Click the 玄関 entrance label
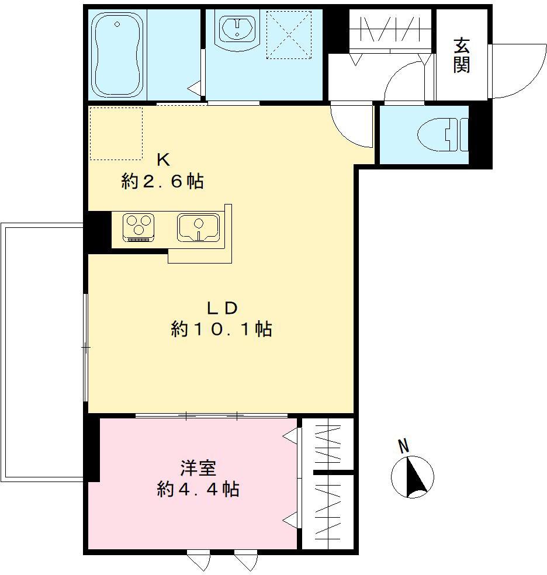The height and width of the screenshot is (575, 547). [x=462, y=56]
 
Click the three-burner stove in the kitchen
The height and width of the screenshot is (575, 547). [x=139, y=227]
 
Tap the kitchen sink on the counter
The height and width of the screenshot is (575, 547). [x=199, y=227]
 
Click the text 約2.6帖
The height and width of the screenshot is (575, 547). [x=162, y=182]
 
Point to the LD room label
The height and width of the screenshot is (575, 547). [x=221, y=307]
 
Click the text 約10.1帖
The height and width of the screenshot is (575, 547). [x=221, y=330]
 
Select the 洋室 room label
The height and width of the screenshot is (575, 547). [x=198, y=468]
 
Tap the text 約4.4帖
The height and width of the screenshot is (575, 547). [x=198, y=490]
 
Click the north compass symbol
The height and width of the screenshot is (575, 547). [x=413, y=477]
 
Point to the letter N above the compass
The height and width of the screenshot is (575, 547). [x=403, y=447]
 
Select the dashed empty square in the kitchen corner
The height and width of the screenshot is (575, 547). [x=116, y=133]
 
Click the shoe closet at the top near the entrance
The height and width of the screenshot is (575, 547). [x=390, y=29]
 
